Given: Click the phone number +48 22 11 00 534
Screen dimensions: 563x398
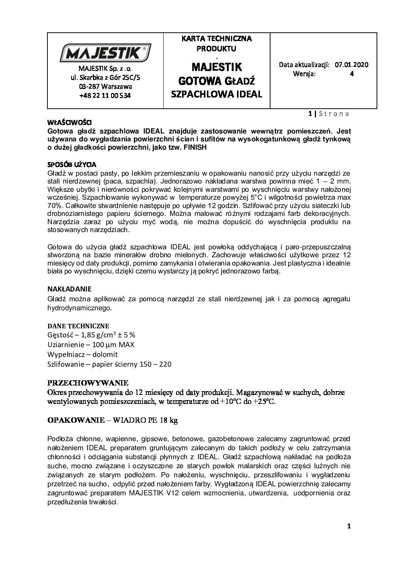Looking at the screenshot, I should (x=105, y=96).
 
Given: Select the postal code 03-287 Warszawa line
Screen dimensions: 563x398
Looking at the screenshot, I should (x=105, y=86).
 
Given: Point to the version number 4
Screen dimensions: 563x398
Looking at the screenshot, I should (x=351, y=74).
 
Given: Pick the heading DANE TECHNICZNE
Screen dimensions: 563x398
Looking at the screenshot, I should (x=78, y=325).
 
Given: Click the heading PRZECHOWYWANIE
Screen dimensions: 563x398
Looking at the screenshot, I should (x=88, y=383).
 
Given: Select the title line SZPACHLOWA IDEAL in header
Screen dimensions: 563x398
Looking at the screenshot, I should (x=216, y=94).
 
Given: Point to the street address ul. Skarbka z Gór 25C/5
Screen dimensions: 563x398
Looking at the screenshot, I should (x=105, y=77).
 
